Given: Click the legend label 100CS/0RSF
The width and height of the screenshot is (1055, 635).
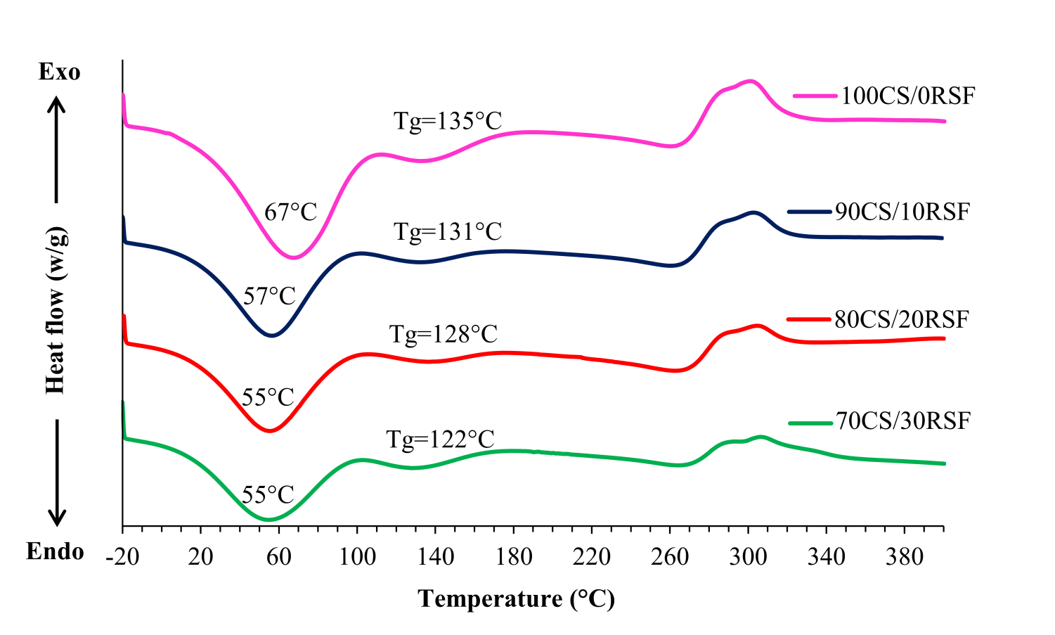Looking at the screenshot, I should [908, 96].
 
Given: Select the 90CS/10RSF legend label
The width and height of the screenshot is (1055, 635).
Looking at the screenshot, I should [902, 212].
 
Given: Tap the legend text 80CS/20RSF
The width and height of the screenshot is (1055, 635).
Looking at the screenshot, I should [902, 319].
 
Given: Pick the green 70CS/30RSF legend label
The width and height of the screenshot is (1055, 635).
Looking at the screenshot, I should [903, 421].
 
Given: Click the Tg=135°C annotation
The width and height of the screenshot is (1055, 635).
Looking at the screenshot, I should [448, 121].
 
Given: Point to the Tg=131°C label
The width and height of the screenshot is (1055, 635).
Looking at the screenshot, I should [448, 231].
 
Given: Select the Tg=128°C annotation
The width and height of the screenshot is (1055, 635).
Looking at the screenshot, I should [444, 334].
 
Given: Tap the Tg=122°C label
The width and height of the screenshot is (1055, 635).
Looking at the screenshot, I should [441, 440].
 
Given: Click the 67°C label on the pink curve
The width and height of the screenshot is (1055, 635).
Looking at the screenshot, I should [291, 212].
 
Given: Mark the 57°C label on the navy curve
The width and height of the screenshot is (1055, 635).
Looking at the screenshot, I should [270, 296].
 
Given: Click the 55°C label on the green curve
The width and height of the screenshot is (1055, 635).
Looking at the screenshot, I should [268, 495].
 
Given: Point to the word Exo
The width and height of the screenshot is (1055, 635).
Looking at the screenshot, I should [59, 72].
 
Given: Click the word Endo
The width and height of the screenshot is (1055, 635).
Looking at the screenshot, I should [55, 552].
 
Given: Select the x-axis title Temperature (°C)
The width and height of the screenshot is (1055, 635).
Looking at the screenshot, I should [517, 599].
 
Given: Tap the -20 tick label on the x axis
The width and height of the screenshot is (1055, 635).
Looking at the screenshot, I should [122, 558].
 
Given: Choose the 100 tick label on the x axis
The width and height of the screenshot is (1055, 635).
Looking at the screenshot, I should [357, 558].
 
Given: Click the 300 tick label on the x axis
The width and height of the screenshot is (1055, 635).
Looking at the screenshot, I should [748, 558].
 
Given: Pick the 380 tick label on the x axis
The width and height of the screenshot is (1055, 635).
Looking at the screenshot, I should [905, 558].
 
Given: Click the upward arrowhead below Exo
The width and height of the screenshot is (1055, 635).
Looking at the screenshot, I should [56, 104].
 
